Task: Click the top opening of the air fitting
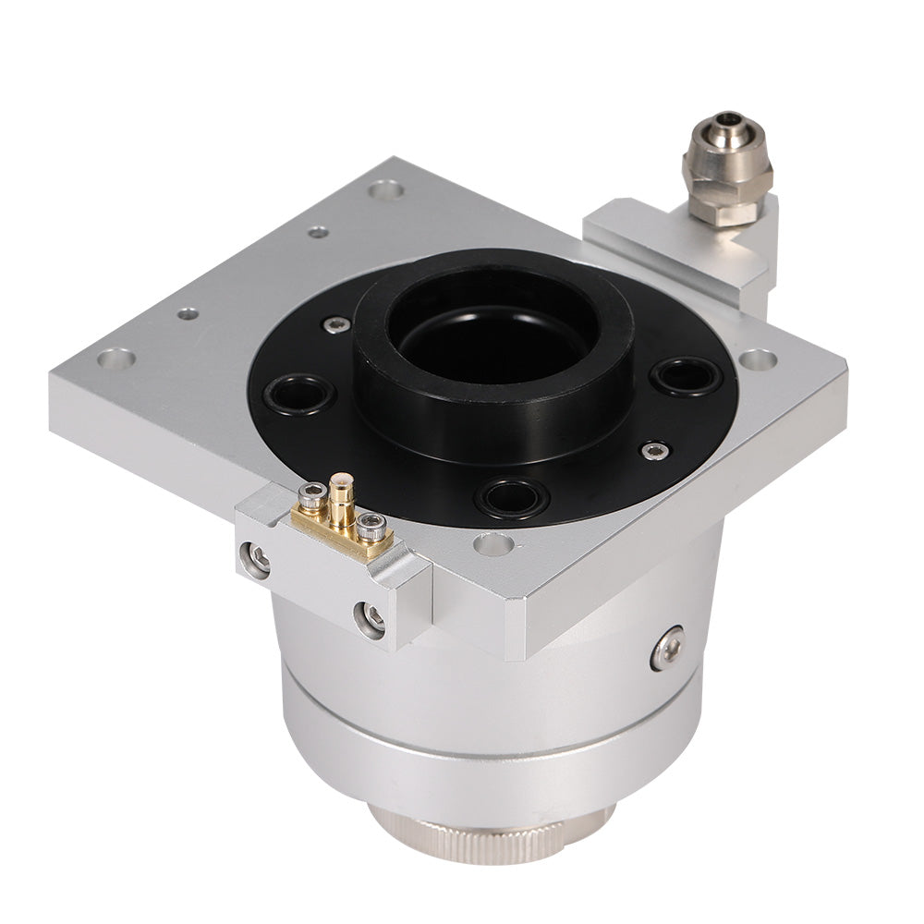pyautogui.click(x=726, y=120)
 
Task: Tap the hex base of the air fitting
pyautogui.click(x=726, y=209)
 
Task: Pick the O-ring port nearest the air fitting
pyautogui.click(x=685, y=375)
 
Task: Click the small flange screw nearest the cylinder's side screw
pyautogui.click(x=655, y=450)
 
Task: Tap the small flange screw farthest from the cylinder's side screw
pyautogui.click(x=337, y=324)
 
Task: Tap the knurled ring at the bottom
pyautogui.click(x=490, y=836)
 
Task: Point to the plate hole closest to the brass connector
pyautogui.click(x=493, y=543)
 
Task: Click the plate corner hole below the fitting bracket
pyautogui.click(x=758, y=359)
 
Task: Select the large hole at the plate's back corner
pyautogui.click(x=385, y=190)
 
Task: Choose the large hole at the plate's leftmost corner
pyautogui.click(x=115, y=359)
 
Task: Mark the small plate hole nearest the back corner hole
pyautogui.click(x=318, y=232)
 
